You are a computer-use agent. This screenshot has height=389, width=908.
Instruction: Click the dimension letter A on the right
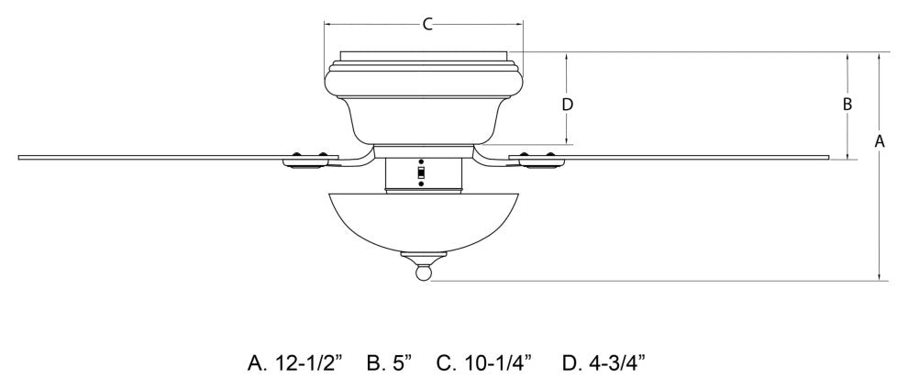click(880, 141)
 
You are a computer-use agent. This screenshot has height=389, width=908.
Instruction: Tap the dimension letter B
click(847, 104)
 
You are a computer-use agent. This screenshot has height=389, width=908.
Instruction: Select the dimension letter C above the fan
click(426, 25)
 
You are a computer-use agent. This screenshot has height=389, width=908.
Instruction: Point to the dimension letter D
click(568, 104)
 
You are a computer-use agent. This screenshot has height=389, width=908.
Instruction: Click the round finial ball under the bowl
click(423, 272)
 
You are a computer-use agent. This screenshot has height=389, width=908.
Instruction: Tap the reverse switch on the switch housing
click(422, 172)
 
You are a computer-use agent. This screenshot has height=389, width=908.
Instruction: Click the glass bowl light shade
click(422, 220)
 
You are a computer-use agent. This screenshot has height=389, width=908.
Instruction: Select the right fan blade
click(697, 157)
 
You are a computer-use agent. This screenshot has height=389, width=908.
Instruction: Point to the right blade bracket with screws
click(537, 161)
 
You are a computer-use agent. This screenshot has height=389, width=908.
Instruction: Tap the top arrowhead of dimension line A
click(880, 55)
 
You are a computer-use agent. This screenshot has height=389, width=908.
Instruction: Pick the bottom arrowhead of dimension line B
click(847, 155)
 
